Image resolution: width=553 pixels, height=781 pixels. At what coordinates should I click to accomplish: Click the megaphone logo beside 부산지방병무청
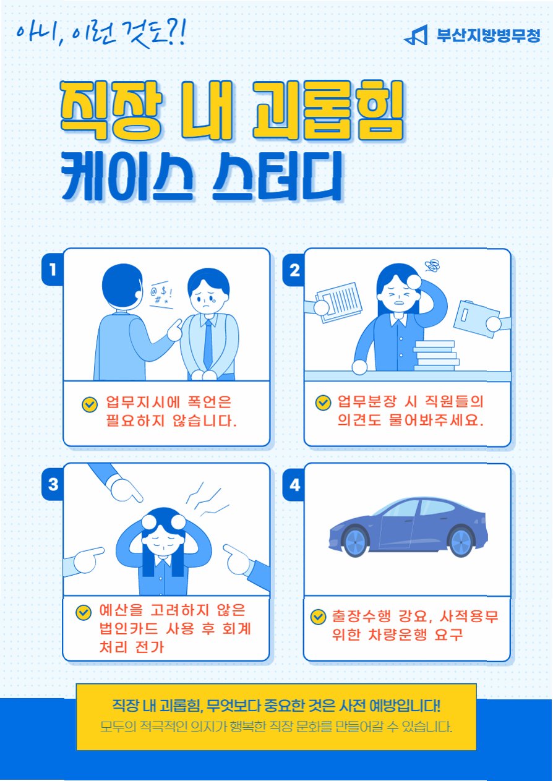(x=416, y=35)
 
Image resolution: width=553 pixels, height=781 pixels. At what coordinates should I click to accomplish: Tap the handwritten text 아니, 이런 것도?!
(x=101, y=35)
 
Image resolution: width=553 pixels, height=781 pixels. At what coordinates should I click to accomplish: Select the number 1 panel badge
(x=53, y=269)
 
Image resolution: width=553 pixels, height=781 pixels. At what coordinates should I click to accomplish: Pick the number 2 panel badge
(x=294, y=270)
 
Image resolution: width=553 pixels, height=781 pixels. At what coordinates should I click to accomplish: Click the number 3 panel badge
(x=53, y=484)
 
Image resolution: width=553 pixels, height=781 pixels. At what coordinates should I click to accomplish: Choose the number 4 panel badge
(x=294, y=485)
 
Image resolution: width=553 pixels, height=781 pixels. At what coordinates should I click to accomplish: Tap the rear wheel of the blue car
(x=462, y=542)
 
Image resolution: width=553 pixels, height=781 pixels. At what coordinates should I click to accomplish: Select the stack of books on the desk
(x=436, y=356)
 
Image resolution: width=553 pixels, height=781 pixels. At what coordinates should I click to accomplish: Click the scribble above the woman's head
(x=433, y=267)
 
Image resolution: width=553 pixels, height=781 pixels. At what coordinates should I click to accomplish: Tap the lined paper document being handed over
(x=339, y=302)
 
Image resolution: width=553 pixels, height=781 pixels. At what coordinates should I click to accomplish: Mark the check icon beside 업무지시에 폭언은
(x=90, y=404)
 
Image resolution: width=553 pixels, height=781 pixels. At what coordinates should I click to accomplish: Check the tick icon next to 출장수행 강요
(x=318, y=617)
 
